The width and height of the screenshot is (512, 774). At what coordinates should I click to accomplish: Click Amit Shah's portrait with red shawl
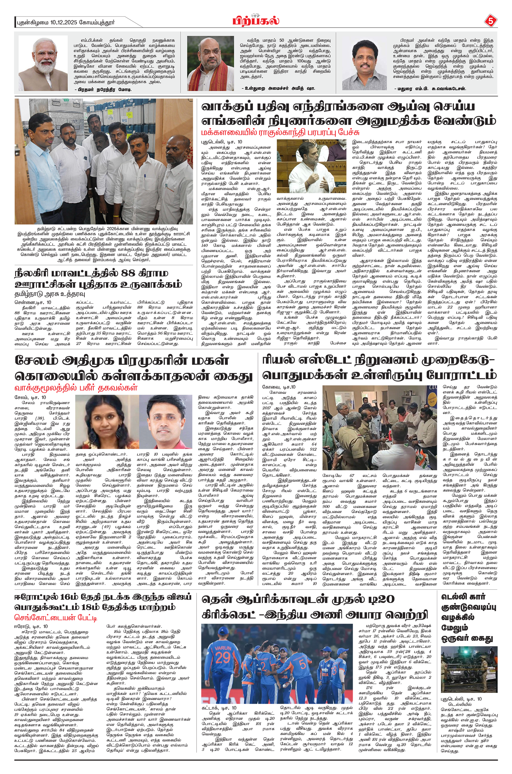click(210, 63)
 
